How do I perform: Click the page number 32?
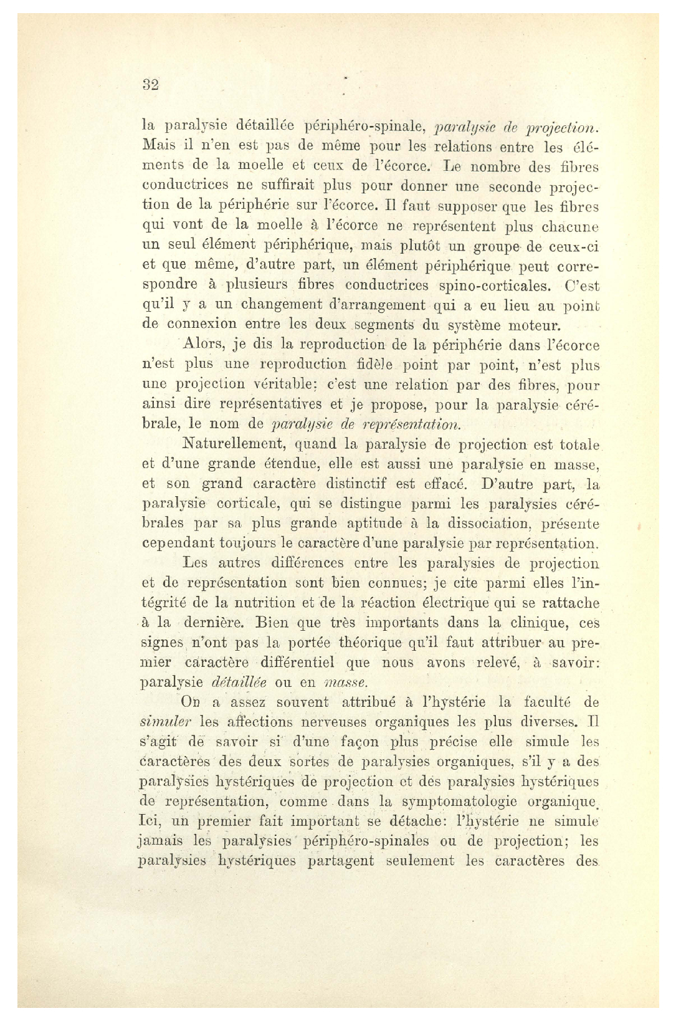point(151,85)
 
